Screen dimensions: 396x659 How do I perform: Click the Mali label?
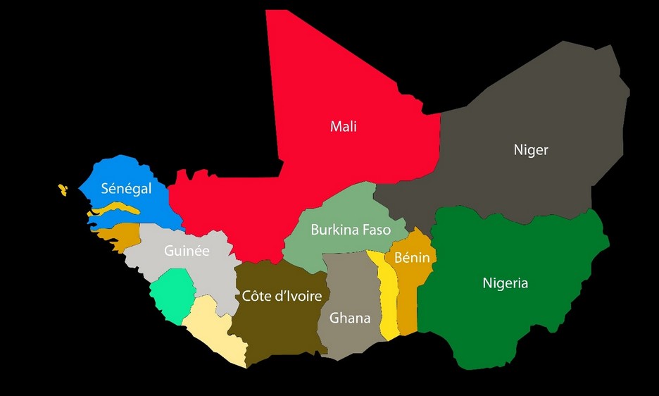343,127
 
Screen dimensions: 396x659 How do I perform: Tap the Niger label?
530,149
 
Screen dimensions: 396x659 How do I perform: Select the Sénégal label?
126,188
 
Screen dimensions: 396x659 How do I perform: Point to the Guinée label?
187,250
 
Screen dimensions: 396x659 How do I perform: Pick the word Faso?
377,230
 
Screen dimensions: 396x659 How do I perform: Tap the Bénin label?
412,258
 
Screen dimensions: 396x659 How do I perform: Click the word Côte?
256,296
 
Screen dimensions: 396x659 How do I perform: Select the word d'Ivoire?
298,296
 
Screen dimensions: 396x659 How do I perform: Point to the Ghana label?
350,318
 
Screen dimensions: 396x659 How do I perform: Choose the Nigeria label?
505,283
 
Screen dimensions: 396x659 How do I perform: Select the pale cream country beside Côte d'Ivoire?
211,331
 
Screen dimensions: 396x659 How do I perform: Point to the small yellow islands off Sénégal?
63,189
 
